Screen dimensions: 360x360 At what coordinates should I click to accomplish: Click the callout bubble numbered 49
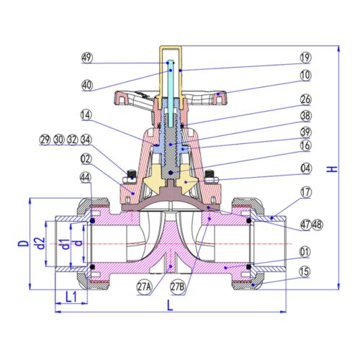[x=87, y=58]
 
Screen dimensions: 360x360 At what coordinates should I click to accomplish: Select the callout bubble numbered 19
[x=305, y=58]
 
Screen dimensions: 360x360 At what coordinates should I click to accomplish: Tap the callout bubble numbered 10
[x=305, y=75]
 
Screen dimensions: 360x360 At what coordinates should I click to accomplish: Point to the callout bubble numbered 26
[x=305, y=99]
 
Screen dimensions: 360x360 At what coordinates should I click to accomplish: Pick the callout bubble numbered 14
[x=86, y=115]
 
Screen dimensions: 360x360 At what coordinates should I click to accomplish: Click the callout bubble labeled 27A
[x=145, y=287]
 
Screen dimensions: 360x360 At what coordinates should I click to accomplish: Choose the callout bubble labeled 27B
[x=178, y=287]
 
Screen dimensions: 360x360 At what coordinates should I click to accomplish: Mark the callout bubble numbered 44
[x=86, y=178]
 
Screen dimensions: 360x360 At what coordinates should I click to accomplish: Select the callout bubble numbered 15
[x=305, y=272]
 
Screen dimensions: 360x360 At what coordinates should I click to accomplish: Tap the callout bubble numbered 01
[x=305, y=252]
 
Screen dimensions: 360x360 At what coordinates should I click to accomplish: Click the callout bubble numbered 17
[x=305, y=192]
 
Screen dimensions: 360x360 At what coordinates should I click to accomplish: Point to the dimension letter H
[x=332, y=169]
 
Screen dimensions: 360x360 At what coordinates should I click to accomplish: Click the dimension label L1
[x=71, y=297]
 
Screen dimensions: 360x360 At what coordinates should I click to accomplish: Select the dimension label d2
[x=40, y=243]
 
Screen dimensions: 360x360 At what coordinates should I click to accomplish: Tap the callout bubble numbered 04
[x=306, y=168]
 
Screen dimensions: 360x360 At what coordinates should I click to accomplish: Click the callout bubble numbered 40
[x=87, y=85]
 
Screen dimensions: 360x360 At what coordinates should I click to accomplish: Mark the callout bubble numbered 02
[x=86, y=159]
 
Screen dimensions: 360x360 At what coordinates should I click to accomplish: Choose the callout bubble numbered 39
[x=306, y=132]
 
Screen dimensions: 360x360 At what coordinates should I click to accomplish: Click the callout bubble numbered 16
[x=306, y=145]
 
